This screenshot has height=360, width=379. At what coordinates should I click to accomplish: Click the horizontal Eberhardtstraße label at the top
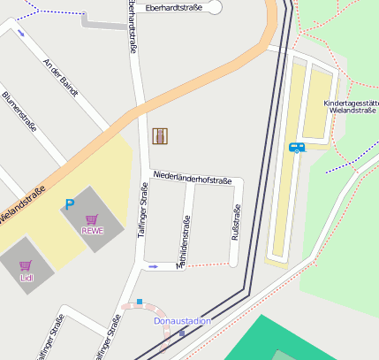pyautogui.click(x=174, y=7)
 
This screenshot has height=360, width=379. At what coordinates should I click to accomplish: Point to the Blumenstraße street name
pyautogui.click(x=19, y=111)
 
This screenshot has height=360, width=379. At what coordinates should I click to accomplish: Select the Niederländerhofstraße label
pyautogui.click(x=192, y=180)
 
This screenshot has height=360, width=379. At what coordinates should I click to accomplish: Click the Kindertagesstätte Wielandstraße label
pyautogui.click(x=350, y=108)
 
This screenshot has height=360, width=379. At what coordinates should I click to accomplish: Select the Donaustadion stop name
pyautogui.click(x=182, y=321)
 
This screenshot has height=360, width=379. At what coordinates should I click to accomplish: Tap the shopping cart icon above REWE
pyautogui.click(x=92, y=218)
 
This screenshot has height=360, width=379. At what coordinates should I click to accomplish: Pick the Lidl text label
pyautogui.click(x=26, y=277)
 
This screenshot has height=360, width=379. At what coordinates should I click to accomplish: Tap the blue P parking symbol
pyautogui.click(x=69, y=204)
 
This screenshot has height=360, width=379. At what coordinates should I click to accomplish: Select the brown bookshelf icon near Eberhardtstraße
pyautogui.click(x=160, y=135)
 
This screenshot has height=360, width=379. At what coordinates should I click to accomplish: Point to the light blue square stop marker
pyautogui.click(x=140, y=302)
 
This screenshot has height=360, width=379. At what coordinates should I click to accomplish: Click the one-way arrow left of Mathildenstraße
pyautogui.click(x=154, y=266)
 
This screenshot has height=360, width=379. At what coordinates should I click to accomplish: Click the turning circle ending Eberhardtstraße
pyautogui.click(x=215, y=7)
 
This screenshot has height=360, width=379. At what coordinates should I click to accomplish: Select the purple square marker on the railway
pyautogui.click(x=182, y=333)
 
